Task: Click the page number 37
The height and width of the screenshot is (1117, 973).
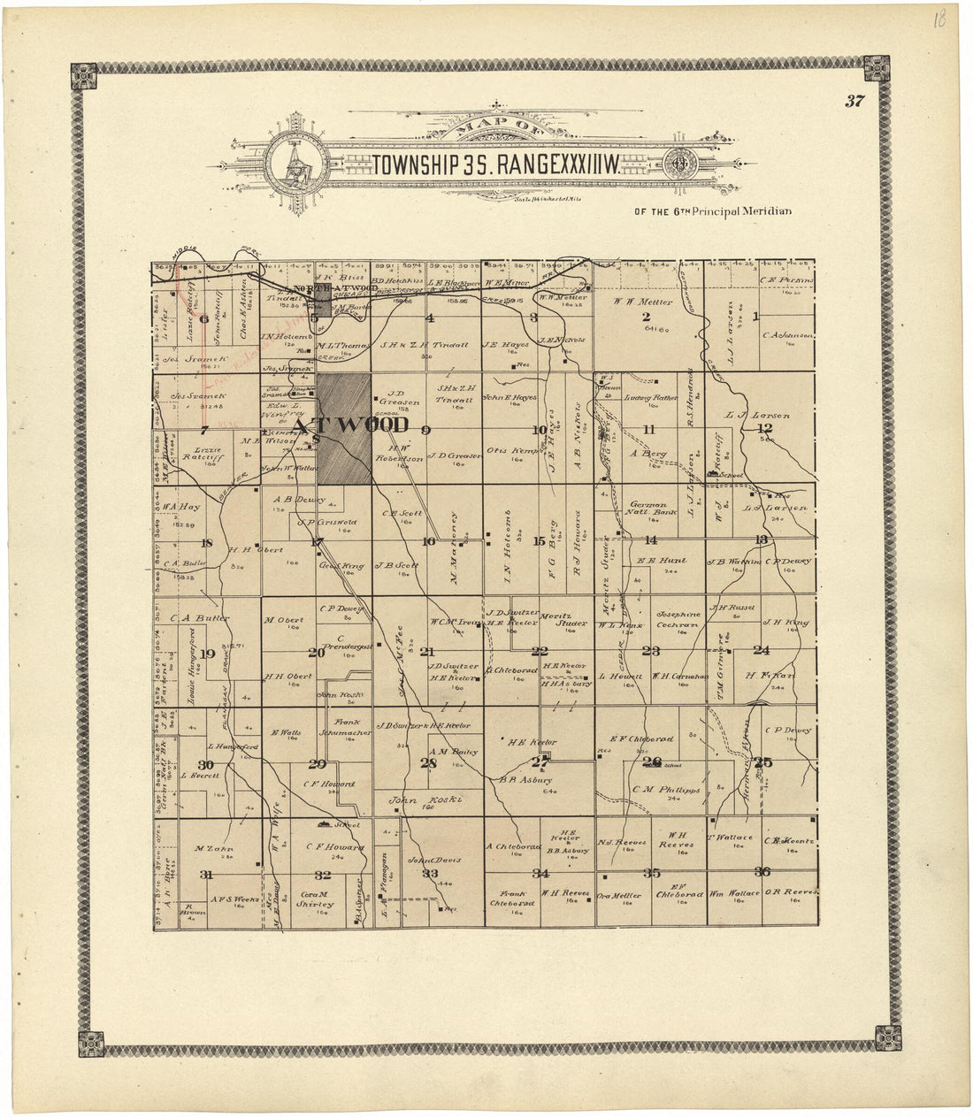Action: click(x=854, y=101)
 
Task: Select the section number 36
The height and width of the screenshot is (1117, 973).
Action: click(x=762, y=872)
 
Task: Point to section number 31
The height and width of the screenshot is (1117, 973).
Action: click(x=207, y=874)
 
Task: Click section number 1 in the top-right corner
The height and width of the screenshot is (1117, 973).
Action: click(x=755, y=317)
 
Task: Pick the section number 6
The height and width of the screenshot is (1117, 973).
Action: click(x=204, y=319)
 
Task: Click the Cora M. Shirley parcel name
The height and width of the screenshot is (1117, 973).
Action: click(x=315, y=899)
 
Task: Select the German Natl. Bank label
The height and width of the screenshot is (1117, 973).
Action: click(x=653, y=508)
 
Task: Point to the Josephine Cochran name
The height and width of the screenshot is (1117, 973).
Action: click(x=678, y=619)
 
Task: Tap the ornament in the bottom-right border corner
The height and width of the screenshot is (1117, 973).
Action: click(x=888, y=1037)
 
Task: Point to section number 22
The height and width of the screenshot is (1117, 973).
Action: click(x=540, y=652)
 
